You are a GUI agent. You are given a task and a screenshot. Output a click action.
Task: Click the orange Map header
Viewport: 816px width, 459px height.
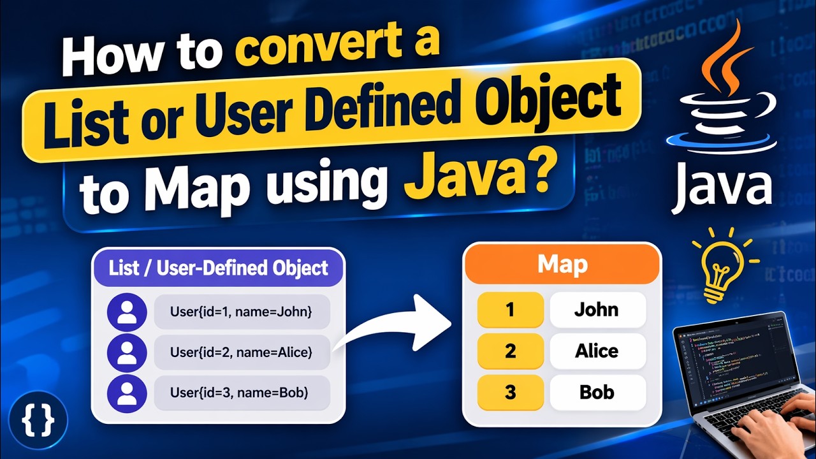[562, 264]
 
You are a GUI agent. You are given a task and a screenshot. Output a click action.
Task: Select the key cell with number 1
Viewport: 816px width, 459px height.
[510, 310]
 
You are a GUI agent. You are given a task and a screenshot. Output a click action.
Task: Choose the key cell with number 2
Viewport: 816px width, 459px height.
[510, 351]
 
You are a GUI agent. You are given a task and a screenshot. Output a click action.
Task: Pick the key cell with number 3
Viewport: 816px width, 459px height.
[510, 392]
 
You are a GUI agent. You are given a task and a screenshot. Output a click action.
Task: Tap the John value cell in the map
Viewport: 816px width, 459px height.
[597, 310]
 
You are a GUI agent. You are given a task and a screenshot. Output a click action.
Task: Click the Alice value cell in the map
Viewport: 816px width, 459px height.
[597, 351]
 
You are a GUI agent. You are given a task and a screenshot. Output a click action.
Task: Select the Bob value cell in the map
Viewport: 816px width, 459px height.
[597, 392]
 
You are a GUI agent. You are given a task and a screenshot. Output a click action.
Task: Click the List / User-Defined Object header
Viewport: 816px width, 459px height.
[219, 268]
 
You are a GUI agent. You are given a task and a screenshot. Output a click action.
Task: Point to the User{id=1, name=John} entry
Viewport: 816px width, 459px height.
[242, 312]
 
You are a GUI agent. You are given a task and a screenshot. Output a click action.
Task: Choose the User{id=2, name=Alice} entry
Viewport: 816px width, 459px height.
[242, 352]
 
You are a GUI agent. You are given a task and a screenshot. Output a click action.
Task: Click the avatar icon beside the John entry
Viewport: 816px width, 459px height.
[127, 312]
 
